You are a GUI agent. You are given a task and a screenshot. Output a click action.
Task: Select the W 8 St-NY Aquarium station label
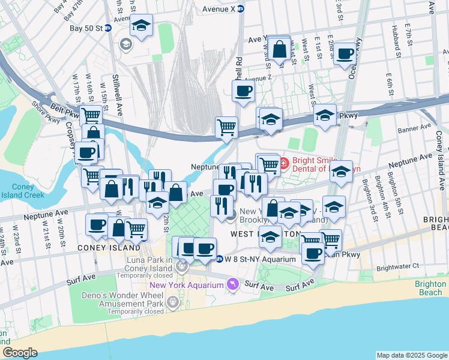pyautogui.click(x=256, y=259)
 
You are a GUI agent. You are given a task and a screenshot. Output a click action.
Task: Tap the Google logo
pyautogui.click(x=20, y=352)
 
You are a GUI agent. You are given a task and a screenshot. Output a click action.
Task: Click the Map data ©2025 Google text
pyautogui.click(x=411, y=355)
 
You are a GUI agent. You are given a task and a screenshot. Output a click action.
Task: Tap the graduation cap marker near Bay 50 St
pyautogui.click(x=142, y=26)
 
